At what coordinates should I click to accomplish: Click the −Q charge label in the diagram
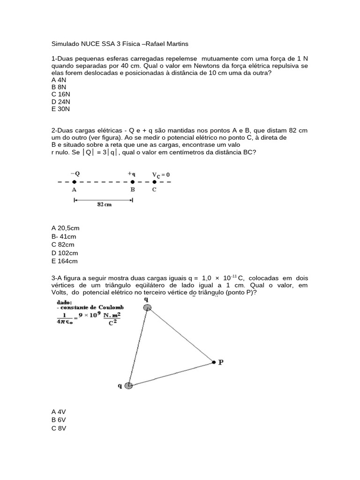point(75,173)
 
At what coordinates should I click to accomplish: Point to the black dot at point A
point(75,182)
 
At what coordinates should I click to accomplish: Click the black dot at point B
point(133,182)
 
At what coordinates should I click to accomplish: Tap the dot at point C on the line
point(154,182)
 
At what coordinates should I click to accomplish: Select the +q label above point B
point(132,173)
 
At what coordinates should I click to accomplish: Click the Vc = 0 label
point(161,174)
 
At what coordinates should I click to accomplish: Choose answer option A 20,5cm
point(65,228)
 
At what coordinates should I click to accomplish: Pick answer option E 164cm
point(65,261)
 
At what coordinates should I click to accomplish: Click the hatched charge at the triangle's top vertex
point(147,307)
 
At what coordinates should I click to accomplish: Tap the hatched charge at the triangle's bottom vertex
point(128,385)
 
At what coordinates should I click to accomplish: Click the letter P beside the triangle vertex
point(220,362)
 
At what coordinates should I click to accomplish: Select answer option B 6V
point(59,420)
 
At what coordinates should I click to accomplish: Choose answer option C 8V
point(59,428)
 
